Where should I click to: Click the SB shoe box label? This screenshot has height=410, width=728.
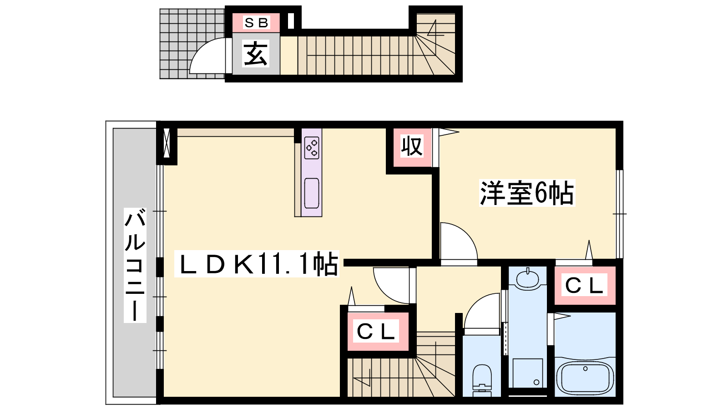256,23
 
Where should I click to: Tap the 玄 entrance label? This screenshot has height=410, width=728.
256,54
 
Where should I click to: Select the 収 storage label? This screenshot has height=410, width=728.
412,146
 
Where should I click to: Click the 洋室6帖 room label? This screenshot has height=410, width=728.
527,193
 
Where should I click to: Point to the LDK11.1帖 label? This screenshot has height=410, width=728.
257,264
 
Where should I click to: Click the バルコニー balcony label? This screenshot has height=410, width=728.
135,265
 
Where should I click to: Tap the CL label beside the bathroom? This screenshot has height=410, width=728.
584,285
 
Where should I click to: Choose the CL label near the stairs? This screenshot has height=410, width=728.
376,332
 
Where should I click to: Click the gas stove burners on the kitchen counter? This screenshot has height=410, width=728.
311,148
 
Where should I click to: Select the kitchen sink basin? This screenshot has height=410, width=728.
311,193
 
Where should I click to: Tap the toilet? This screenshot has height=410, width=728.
482,380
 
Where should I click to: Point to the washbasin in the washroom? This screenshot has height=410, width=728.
527,278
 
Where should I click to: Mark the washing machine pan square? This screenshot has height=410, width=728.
527,373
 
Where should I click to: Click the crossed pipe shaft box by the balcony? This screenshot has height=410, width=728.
167,143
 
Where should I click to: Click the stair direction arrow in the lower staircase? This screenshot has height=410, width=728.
362,378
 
